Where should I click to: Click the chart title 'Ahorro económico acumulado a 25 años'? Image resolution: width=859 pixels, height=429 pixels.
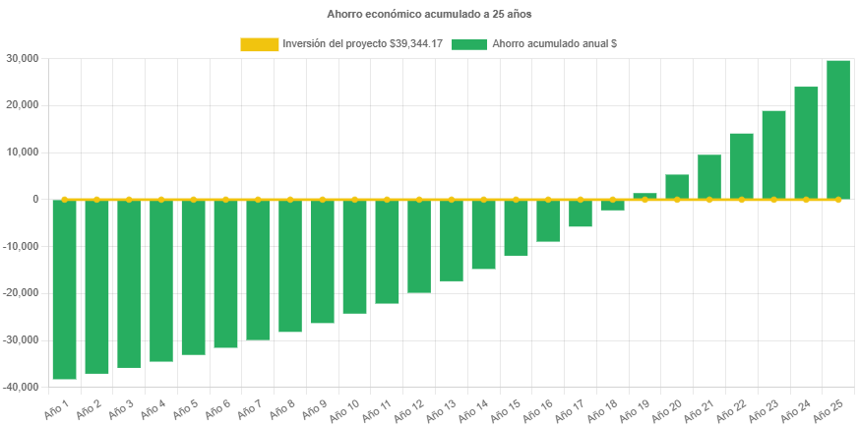(429, 15)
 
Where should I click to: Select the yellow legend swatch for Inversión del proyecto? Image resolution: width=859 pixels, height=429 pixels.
(259, 44)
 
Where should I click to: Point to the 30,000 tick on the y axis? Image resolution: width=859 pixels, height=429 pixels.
(22, 58)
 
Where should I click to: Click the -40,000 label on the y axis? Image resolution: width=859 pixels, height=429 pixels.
(20, 387)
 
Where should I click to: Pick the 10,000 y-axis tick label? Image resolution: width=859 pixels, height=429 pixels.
(22, 153)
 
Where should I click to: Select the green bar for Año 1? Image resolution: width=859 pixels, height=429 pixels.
(64, 289)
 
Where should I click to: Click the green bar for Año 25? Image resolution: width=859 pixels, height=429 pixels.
(838, 129)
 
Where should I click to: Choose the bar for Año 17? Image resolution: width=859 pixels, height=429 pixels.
(581, 213)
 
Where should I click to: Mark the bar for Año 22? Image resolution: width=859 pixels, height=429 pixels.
(742, 165)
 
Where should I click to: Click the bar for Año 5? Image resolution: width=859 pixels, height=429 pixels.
(193, 276)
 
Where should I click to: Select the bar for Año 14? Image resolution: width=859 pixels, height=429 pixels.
(483, 234)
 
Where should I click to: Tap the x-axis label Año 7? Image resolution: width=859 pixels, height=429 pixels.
(248, 408)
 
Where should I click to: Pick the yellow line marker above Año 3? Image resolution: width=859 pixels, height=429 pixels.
(129, 199)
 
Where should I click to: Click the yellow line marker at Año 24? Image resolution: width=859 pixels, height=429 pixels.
(806, 200)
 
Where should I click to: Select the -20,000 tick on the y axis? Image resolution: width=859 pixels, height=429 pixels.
(20, 293)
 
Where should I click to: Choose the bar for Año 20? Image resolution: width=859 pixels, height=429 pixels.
(677, 187)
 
